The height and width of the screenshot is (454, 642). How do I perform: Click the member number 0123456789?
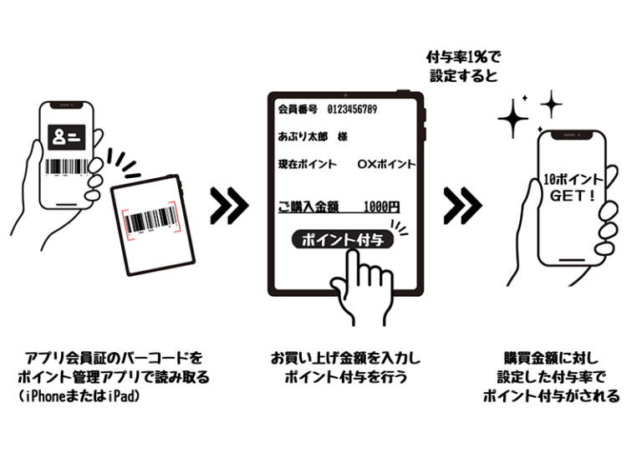(352, 110)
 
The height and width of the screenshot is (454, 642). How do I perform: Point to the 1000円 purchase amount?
(382, 207)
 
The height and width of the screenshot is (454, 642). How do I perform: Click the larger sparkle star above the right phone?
(513, 118)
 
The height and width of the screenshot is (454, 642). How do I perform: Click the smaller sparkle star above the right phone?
(551, 104)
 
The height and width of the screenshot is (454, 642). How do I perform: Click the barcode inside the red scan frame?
(153, 220)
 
